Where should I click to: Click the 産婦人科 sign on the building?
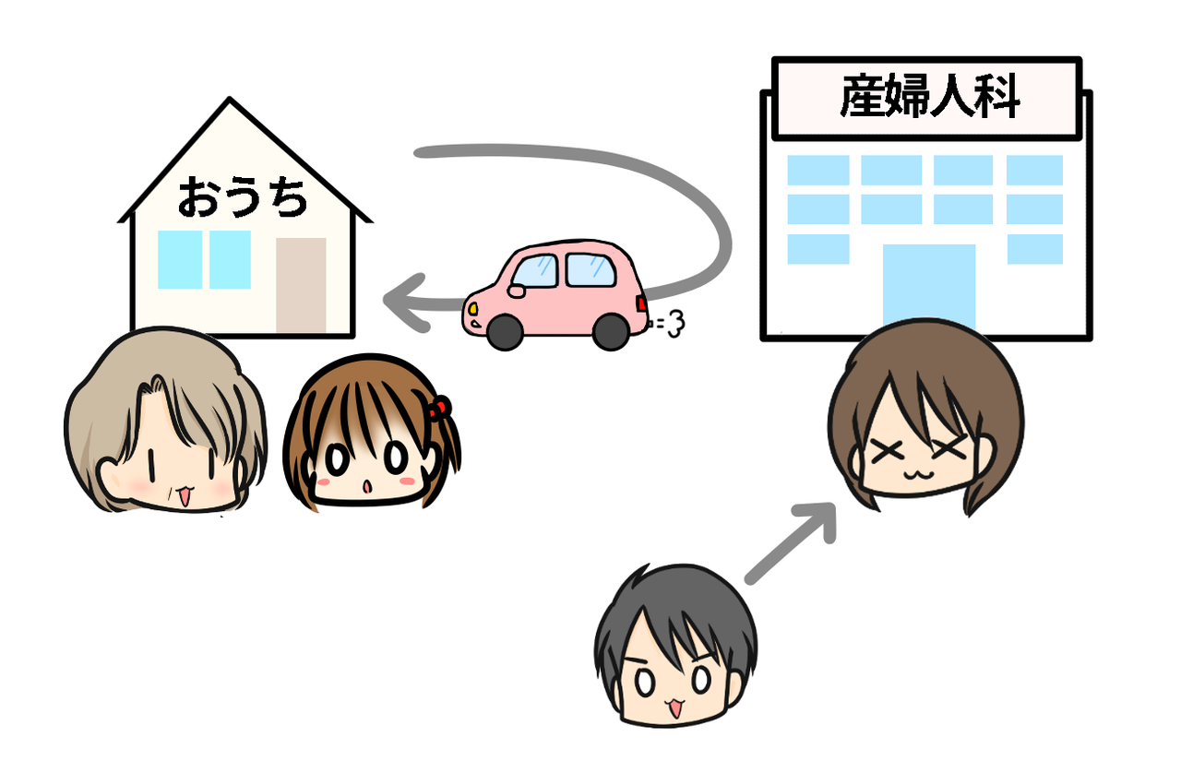926,99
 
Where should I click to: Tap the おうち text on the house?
242,196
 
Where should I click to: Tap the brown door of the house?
301,285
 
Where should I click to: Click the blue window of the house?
204,259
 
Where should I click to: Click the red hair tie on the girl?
440,406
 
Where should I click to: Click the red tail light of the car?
642,303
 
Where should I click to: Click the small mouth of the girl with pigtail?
366,485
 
